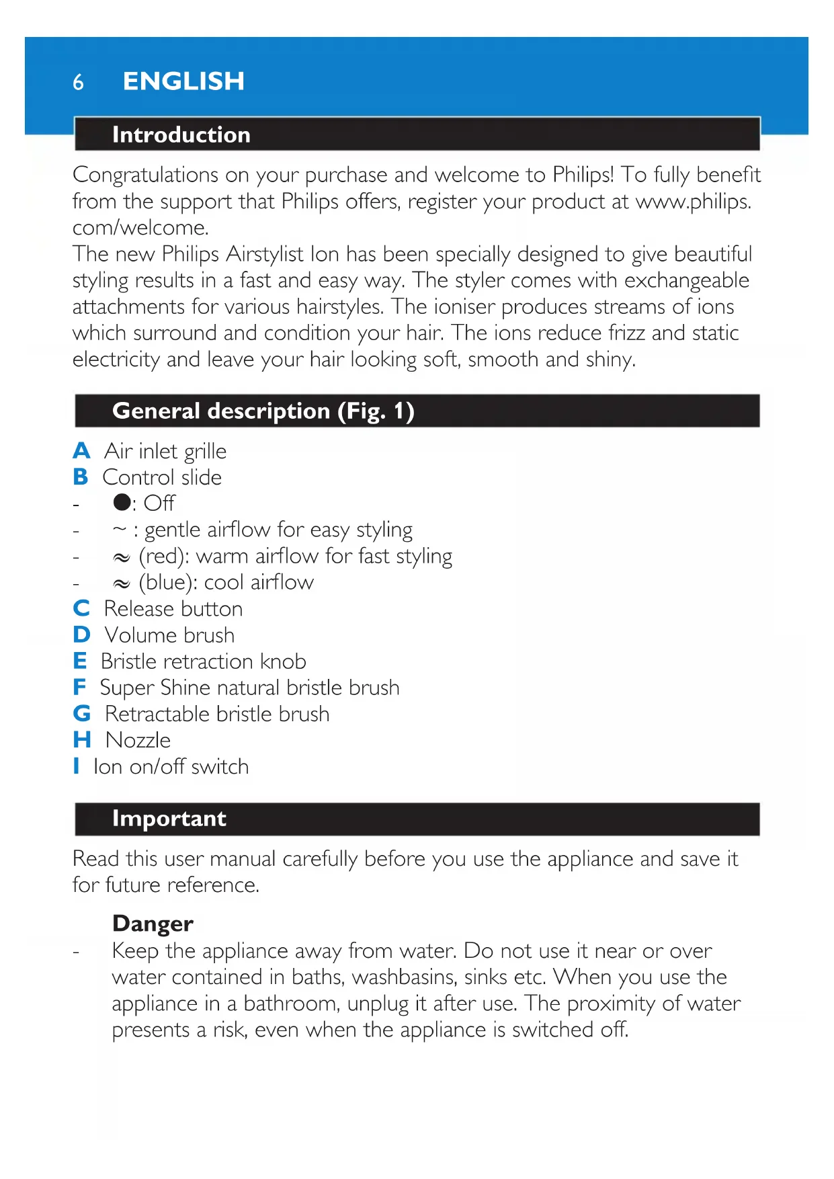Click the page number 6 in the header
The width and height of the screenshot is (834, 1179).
[x=78, y=82]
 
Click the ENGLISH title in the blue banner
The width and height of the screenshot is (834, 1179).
[x=183, y=81]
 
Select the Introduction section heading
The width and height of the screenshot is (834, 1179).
[x=181, y=134]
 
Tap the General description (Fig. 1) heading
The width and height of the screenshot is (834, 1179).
[x=263, y=411]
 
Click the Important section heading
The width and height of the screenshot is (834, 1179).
[x=169, y=819]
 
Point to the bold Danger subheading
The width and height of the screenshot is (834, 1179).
[x=153, y=924]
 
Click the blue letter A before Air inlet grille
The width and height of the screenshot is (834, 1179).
[x=81, y=450]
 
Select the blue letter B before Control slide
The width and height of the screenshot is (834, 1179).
[x=81, y=477]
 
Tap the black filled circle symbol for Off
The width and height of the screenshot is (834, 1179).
[x=122, y=502]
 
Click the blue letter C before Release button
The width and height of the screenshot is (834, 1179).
[x=81, y=608]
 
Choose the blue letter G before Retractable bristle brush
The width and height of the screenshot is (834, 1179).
[x=81, y=713]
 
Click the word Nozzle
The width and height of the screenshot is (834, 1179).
[x=138, y=740]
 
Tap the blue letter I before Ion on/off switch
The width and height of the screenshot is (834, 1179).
[x=77, y=766]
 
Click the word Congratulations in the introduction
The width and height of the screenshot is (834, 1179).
[x=145, y=175]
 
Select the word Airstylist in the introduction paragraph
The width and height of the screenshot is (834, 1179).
[x=264, y=254]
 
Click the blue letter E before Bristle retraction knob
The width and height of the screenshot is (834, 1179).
[x=80, y=661]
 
